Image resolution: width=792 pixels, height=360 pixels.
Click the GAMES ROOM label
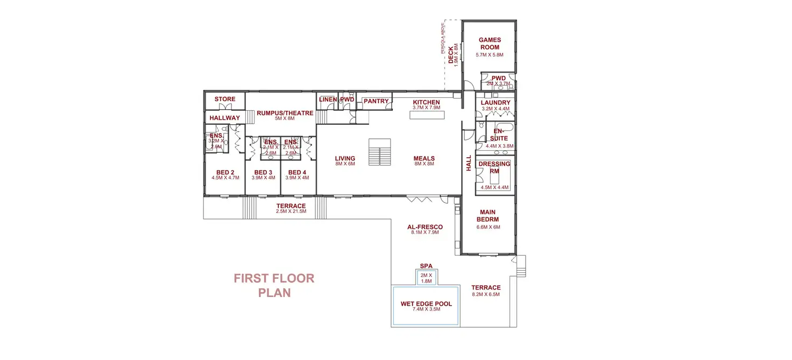click(490, 43)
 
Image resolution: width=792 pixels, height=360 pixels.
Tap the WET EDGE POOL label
click(426, 304)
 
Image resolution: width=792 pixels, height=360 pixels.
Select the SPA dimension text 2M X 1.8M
click(426, 278)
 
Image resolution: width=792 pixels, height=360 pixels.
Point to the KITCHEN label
click(426, 102)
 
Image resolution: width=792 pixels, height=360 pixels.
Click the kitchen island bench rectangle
click(425, 115)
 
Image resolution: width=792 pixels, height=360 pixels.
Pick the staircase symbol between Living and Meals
click(380, 152)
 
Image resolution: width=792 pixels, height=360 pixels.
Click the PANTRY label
click(376, 101)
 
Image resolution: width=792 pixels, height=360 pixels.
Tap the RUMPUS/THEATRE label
click(285, 113)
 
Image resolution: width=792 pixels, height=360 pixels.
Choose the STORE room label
click(225, 99)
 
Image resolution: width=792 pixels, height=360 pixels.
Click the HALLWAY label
click(224, 118)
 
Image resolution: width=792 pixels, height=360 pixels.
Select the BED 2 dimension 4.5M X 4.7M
click(224, 178)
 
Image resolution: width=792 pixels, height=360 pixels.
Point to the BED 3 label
click(263, 172)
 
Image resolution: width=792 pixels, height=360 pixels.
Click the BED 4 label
click(297, 172)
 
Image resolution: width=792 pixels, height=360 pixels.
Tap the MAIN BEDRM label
click(488, 216)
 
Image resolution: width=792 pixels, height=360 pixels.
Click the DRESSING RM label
click(494, 167)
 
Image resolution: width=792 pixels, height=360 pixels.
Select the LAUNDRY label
click(496, 103)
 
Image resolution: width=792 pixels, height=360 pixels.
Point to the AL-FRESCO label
click(425, 227)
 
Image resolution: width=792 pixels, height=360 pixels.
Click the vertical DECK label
click(451, 54)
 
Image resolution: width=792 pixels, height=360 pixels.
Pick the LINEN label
click(328, 100)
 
